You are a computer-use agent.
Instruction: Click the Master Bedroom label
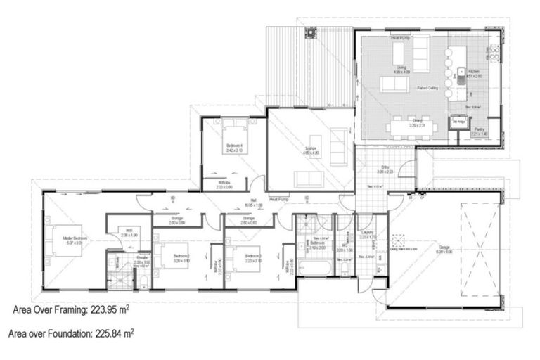[75, 238]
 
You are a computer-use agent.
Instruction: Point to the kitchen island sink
[461, 72]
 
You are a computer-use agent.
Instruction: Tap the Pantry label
[480, 129]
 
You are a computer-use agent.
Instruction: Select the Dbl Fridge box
[459, 123]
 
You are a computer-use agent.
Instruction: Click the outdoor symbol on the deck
[309, 32]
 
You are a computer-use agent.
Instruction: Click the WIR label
[129, 229]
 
